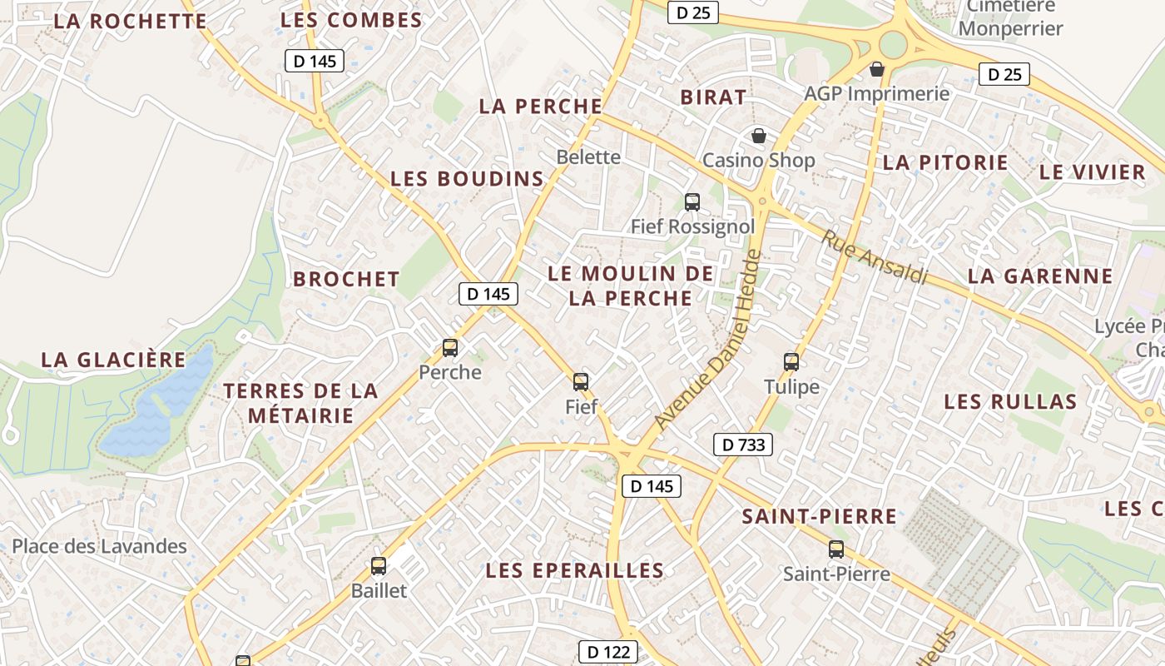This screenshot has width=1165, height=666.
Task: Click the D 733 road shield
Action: (743, 445)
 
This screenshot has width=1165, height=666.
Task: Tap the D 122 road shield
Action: (608, 652)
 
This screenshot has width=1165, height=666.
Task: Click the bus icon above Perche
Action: (450, 348)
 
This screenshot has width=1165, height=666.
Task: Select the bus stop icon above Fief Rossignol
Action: (692, 201)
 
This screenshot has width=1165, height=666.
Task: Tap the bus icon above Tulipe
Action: (791, 362)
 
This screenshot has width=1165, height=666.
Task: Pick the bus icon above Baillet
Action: (379, 566)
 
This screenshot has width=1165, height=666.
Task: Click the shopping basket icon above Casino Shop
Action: (759, 136)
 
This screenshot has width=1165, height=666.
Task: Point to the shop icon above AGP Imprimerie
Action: (876, 69)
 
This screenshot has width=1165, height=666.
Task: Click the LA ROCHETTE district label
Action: (130, 22)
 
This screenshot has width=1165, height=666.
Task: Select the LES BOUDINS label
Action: (467, 179)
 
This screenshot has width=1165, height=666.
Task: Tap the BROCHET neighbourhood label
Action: (346, 279)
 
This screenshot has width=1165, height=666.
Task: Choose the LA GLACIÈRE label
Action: (114, 360)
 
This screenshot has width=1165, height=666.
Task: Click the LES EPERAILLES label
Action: (575, 570)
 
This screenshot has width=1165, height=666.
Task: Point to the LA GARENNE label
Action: (1040, 276)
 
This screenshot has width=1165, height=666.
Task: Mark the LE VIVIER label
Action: (1093, 172)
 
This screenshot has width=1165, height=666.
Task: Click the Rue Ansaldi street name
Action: (875, 256)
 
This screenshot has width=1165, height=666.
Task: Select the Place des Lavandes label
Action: (99, 546)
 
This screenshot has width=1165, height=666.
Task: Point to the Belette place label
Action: (588, 157)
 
